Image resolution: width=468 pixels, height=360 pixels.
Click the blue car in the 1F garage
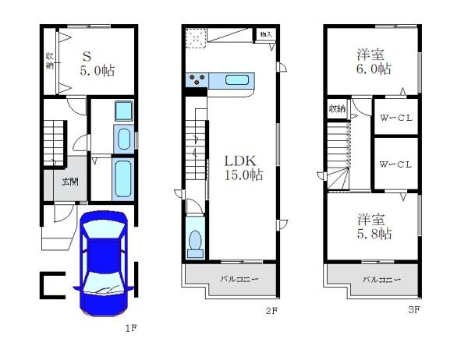click(x=104, y=263)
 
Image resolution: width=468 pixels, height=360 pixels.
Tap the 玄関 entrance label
click(x=70, y=182)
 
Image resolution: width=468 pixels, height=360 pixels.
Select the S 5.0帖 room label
click(x=97, y=64)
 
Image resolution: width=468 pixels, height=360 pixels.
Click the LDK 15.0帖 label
click(x=243, y=168)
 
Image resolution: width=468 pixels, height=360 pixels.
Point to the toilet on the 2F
click(x=195, y=243)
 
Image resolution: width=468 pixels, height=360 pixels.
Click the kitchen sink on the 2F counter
click(x=237, y=80)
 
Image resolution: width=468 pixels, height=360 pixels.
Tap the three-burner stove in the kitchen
click(x=197, y=80)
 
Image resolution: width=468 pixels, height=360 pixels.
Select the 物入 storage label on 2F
click(x=266, y=34)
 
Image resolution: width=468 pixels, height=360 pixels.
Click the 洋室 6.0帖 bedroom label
click(x=374, y=62)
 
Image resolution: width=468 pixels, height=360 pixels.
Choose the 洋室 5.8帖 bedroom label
click(x=374, y=227)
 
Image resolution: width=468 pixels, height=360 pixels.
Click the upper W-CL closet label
click(x=395, y=118)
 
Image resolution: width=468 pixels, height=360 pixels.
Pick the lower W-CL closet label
click(x=395, y=164)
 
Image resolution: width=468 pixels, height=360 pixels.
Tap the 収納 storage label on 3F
click(x=337, y=109)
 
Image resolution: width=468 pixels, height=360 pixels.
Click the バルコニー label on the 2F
click(x=239, y=280)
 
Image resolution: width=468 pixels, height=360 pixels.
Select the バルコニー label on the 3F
click(x=381, y=280)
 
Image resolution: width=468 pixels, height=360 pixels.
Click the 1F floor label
click(x=131, y=328)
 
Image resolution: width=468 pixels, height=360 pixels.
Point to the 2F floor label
click(x=271, y=311)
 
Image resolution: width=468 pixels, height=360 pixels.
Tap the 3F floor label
click(x=414, y=309)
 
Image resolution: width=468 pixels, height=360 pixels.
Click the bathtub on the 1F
click(x=123, y=179)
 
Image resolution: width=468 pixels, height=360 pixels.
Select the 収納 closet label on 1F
click(x=50, y=61)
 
